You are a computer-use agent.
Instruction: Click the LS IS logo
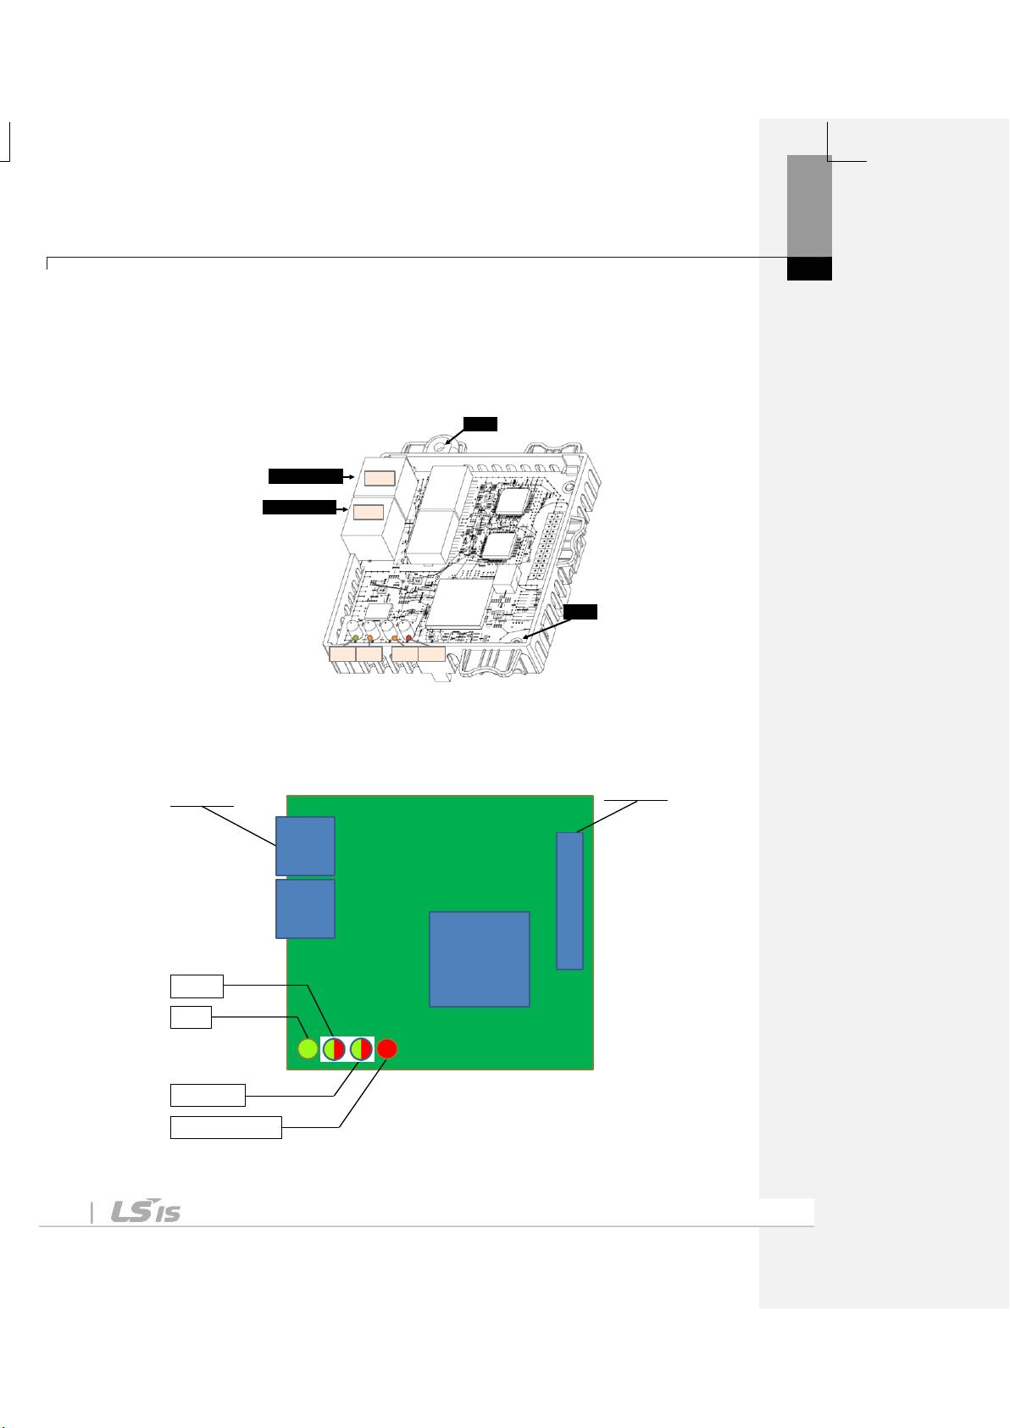tap(146, 1210)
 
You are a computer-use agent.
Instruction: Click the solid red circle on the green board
tap(387, 1048)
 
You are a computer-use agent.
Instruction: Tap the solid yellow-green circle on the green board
tap(308, 1048)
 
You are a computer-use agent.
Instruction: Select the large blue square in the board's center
tap(480, 959)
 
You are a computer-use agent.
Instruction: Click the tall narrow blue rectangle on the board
tap(569, 901)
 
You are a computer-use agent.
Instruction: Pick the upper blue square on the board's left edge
tap(305, 846)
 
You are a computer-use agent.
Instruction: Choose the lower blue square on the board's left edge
tap(305, 909)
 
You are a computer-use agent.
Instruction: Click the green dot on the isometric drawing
tap(356, 638)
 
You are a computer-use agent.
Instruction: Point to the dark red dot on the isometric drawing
tap(409, 638)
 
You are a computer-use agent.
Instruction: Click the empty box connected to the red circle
tap(226, 1128)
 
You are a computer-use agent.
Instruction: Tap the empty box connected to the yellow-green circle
tap(191, 1018)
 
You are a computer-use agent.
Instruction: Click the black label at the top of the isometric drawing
tap(480, 424)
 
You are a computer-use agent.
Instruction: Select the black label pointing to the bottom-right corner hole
tap(580, 612)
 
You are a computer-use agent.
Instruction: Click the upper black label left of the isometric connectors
tap(306, 476)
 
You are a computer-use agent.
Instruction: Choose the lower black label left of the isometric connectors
tap(299, 508)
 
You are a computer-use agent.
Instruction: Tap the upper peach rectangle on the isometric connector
tap(380, 479)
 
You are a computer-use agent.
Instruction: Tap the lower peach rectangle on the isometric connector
tap(369, 512)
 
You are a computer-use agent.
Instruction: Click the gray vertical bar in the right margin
tap(809, 206)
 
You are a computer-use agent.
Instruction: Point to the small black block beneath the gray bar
tap(809, 269)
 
